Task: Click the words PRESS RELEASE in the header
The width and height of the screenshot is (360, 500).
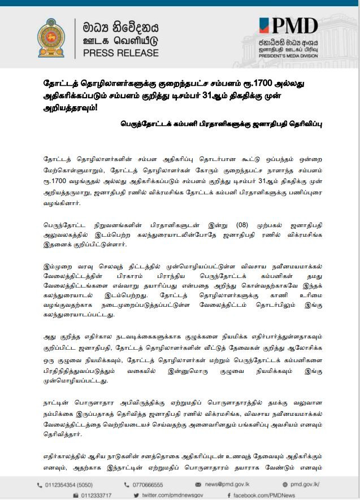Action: [120, 53]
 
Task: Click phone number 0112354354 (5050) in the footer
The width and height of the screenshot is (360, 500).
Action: [68, 485]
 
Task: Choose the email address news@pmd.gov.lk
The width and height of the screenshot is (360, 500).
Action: [228, 485]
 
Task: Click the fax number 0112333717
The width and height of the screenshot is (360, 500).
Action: [96, 495]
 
